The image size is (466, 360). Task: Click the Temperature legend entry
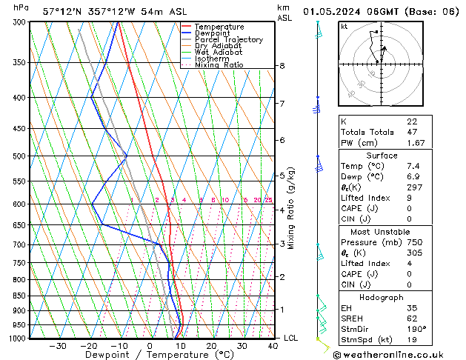point(219,27)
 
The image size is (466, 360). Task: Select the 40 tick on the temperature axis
point(273,346)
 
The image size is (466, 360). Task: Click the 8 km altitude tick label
point(282,66)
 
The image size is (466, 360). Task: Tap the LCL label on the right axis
point(291,338)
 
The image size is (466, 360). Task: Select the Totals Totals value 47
point(412,132)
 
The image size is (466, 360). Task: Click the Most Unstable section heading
point(382,231)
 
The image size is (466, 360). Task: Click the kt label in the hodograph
point(344,27)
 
